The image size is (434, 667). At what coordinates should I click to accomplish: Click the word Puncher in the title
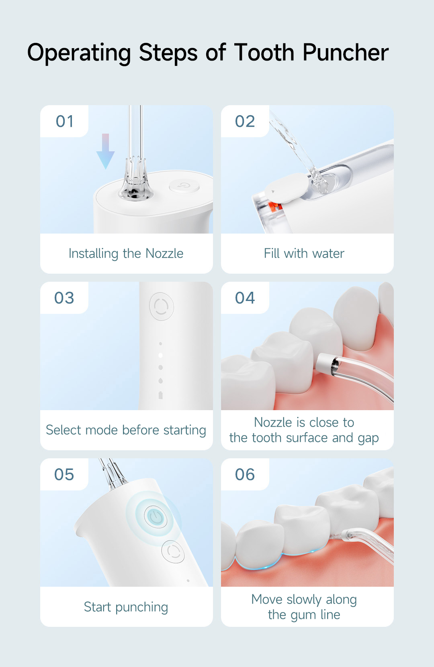coord(345,53)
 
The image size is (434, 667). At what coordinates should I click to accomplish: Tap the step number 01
coord(64,121)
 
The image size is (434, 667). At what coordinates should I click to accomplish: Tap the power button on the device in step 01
coord(184,186)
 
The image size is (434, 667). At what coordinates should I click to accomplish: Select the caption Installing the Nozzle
coord(126,254)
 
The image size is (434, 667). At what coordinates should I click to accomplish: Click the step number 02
coord(245,121)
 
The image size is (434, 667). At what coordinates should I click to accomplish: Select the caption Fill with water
coord(304,254)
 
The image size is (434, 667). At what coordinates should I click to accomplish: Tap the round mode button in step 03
coord(161,307)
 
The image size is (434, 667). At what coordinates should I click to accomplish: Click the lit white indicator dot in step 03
coord(160,355)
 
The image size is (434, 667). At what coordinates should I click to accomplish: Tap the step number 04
coord(245,298)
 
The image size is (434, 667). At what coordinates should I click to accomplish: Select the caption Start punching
coord(126,607)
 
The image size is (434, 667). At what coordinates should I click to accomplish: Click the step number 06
coord(245,474)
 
